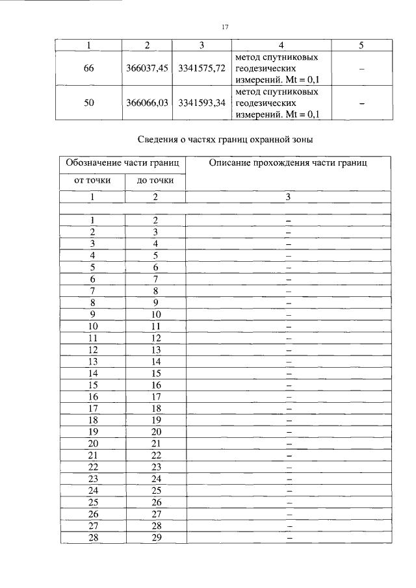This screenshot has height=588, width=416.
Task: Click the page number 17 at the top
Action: (225, 27)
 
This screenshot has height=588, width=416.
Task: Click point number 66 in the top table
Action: (89, 68)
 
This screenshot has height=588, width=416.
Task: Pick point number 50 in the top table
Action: (89, 103)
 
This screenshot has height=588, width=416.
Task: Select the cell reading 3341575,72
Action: (202, 68)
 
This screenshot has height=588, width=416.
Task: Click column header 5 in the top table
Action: (361, 45)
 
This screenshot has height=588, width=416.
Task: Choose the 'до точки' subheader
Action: (155, 180)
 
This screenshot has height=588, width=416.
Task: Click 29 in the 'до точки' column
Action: (155, 538)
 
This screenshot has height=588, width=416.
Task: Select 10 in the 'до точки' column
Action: (155, 314)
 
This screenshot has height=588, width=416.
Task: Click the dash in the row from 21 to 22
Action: (289, 455)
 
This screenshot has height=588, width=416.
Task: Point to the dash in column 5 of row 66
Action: (361, 68)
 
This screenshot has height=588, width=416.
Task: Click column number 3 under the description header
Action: (289, 196)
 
